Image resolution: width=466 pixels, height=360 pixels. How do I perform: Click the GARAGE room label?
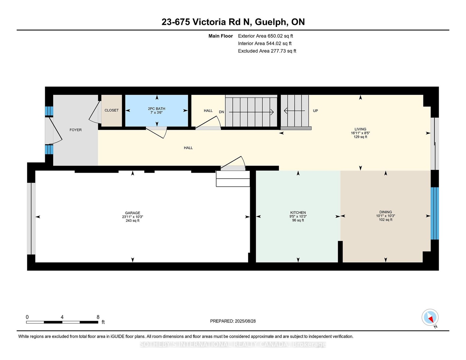(x=132, y=213)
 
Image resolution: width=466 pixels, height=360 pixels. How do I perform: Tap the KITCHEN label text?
(x=298, y=213)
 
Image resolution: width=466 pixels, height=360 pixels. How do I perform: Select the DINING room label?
(x=385, y=212)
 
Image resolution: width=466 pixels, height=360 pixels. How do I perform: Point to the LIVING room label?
(x=360, y=129)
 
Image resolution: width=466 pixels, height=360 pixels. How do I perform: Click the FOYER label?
(x=75, y=130)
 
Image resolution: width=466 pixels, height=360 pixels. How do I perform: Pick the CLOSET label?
(x=111, y=110)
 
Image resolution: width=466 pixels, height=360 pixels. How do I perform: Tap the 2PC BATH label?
(x=156, y=109)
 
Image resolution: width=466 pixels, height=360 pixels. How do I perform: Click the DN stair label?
(x=221, y=112)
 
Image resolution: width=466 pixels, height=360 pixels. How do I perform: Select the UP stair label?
(x=315, y=111)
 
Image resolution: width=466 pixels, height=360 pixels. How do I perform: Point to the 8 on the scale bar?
(x=98, y=317)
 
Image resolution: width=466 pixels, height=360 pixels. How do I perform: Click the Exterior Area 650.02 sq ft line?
(x=265, y=36)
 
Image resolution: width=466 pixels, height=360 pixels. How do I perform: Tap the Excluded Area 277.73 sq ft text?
(x=267, y=51)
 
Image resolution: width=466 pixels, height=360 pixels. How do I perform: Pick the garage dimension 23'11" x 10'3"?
(x=132, y=217)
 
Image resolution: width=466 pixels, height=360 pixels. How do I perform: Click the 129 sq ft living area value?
(x=360, y=137)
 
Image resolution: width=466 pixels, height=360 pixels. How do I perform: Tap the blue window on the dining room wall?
(x=435, y=213)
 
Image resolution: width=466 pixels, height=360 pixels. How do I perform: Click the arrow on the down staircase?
(x=251, y=112)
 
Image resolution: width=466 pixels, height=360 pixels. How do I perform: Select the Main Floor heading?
(x=220, y=36)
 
